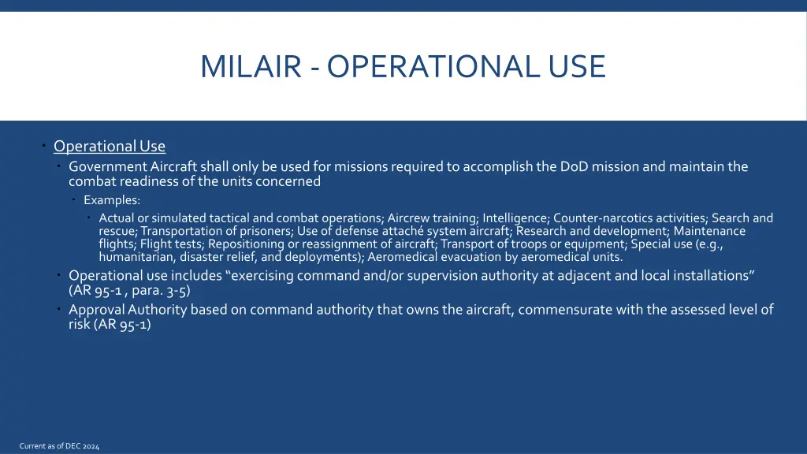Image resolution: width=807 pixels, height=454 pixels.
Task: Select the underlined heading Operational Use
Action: click(110, 147)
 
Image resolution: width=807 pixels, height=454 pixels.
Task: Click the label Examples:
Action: click(112, 200)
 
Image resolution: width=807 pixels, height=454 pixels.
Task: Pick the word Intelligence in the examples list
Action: click(515, 218)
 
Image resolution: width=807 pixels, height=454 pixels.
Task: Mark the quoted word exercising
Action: click(265, 276)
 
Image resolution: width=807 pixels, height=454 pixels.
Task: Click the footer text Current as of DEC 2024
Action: click(60, 447)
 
